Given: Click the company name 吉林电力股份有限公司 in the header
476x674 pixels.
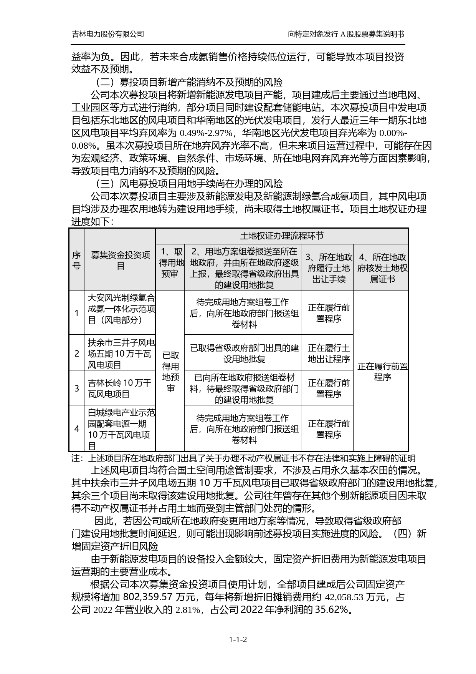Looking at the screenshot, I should (108, 34).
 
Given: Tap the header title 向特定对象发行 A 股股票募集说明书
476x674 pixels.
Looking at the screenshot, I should (346, 34).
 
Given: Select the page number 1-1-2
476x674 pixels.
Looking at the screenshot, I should (238, 639).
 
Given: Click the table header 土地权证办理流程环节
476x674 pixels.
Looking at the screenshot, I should (281, 236).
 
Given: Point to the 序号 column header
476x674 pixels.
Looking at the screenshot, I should (76, 260).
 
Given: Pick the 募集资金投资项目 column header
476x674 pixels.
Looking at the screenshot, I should (120, 260).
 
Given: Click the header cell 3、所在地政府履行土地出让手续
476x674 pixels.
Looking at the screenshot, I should (329, 268).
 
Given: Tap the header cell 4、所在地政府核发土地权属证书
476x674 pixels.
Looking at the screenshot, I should (382, 268).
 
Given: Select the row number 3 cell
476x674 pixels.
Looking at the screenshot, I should (76, 388).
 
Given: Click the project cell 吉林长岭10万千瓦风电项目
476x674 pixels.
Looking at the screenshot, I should (120, 388).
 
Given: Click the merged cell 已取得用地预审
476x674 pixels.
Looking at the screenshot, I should (170, 371).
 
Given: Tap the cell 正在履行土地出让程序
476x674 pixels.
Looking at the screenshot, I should (329, 354).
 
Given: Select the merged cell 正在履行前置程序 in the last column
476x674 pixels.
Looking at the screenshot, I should (382, 372).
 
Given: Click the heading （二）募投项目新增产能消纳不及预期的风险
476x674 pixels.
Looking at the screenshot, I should (188, 82).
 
